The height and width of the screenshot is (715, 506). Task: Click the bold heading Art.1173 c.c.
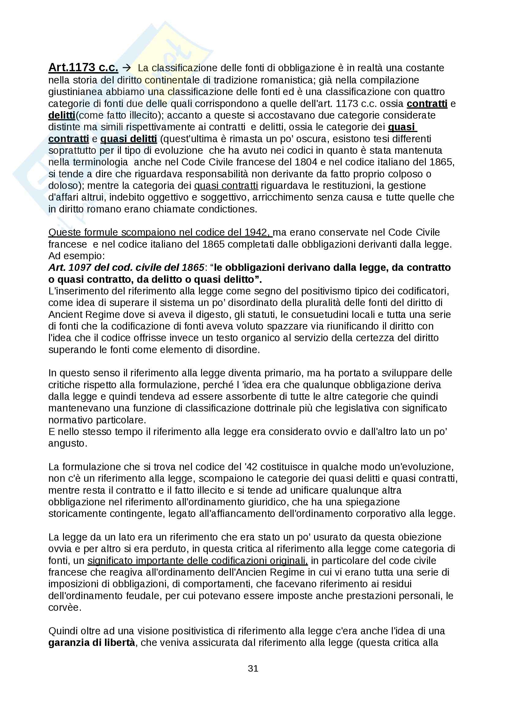[x=83, y=68]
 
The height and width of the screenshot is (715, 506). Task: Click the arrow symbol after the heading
[x=127, y=68]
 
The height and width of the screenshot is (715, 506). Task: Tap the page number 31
[x=253, y=668]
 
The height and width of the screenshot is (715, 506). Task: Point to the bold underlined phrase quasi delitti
[x=129, y=139]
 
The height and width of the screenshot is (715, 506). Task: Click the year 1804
[x=306, y=162]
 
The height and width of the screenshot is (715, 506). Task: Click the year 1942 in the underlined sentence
[x=256, y=232]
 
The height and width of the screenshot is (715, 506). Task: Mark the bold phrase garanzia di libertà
[x=92, y=643]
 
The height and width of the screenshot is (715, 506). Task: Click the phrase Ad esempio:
[x=77, y=256]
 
